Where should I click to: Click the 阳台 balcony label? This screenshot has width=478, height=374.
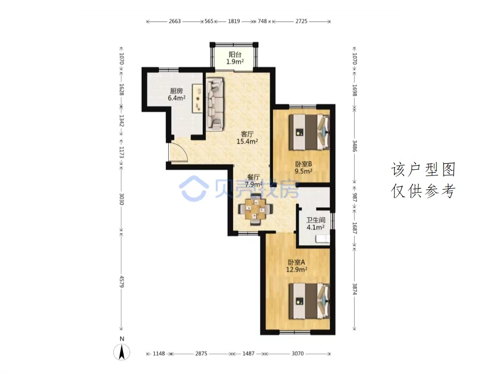point(235,54)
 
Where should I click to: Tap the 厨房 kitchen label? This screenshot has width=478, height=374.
point(177,91)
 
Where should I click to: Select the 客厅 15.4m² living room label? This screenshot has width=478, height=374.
point(247,137)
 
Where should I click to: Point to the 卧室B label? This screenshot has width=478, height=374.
point(303,164)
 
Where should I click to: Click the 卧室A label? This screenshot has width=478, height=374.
point(297,262)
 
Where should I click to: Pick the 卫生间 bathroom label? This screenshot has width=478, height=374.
point(316,220)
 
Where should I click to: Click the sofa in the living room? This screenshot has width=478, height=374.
point(215,104)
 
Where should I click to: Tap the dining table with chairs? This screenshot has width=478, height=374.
point(255,209)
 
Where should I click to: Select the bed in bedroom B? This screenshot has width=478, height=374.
point(309,132)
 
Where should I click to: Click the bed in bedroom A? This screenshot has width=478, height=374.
point(309,301)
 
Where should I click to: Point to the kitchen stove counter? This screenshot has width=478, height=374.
point(197,98)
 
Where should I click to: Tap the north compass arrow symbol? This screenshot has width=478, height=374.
point(122,352)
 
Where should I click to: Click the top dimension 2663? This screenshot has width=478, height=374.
point(175,21)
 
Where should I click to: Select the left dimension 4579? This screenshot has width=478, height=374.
point(122,282)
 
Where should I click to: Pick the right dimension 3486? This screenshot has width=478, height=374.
point(355,146)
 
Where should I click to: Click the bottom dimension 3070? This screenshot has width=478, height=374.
point(297,354)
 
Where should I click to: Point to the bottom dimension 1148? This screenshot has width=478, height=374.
point(158,354)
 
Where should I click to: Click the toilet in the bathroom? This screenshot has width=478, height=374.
point(323,239)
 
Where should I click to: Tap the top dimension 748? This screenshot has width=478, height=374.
point(262,21)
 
